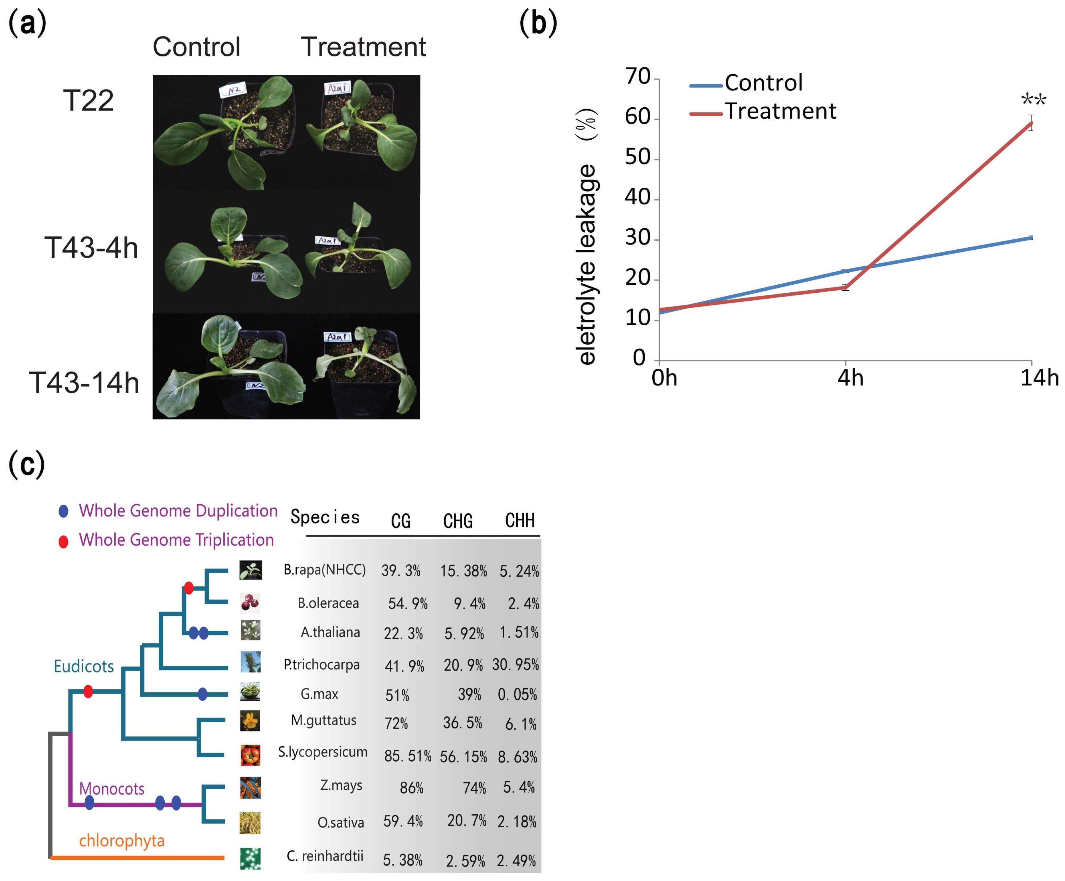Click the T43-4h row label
(91, 248)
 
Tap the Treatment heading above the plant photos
(363, 47)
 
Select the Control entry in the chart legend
(763, 83)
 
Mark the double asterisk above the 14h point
(1033, 99)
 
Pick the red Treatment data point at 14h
(1031, 123)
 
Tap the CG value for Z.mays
(411, 788)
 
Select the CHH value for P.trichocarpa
(515, 665)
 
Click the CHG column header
(458, 521)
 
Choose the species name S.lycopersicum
(322, 752)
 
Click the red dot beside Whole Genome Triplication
(63, 542)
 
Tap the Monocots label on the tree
(112, 789)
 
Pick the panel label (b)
(538, 23)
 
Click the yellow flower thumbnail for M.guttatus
(250, 720)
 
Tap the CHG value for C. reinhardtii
(465, 861)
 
